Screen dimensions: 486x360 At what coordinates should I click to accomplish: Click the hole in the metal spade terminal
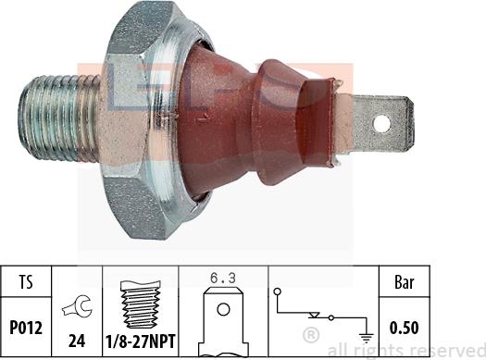[x=381, y=124]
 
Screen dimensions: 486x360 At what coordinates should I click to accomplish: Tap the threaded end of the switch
[x=59, y=118]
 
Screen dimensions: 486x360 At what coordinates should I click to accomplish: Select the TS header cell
[x=26, y=282]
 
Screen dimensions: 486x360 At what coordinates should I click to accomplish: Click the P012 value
[x=26, y=328]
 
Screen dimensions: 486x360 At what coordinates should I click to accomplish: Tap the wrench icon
[x=77, y=306]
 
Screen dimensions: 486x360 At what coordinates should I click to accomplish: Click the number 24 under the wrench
[x=77, y=341]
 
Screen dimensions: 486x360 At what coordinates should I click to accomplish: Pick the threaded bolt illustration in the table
[x=141, y=304]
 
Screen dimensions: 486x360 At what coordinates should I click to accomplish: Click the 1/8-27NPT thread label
[x=141, y=341]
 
